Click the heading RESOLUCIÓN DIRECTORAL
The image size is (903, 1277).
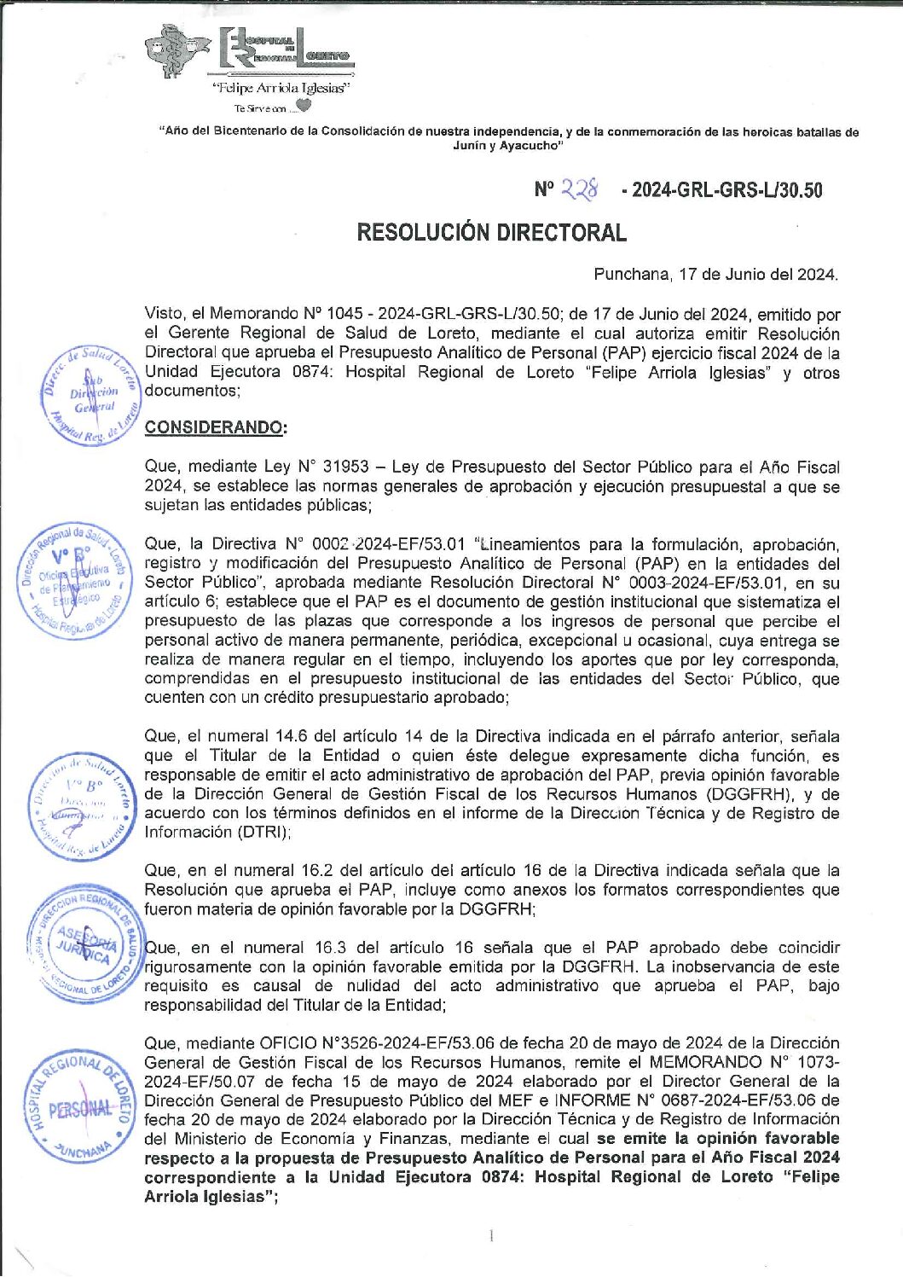491,232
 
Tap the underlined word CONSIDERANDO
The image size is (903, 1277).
213,427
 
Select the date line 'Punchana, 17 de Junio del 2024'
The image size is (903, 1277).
715,275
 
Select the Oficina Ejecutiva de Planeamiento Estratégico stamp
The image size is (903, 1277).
78,580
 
